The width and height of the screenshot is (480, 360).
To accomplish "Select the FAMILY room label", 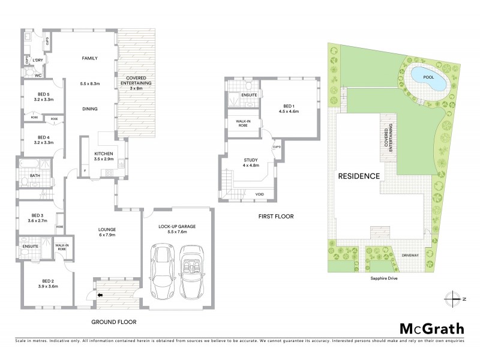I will click(90, 58).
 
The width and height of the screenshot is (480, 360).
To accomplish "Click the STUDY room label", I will click(251, 160).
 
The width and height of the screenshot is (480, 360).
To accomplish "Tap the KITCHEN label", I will click(104, 154).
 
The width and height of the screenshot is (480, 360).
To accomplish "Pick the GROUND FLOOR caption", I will click(113, 322).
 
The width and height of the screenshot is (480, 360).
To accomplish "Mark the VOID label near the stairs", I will click(260, 194).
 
